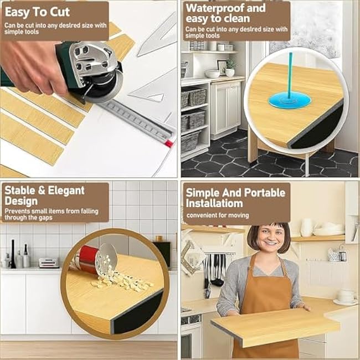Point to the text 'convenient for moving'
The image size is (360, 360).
[x=217, y=215]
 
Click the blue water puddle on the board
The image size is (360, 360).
[x=289, y=100]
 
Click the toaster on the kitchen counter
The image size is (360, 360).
[x=49, y=263]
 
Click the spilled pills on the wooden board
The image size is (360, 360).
[x=119, y=280]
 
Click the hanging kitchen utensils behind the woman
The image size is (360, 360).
[x=213, y=271]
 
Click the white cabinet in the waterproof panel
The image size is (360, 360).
[x=225, y=108]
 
